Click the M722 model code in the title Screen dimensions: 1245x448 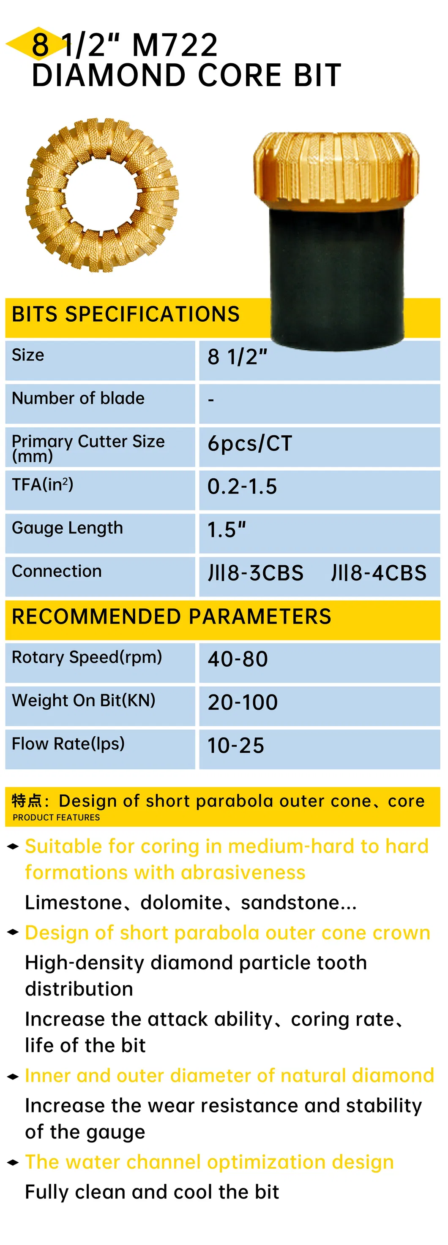tap(175, 45)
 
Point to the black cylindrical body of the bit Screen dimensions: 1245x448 tap(337, 276)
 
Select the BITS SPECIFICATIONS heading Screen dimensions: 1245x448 tap(126, 314)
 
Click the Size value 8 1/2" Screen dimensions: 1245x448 tap(237, 357)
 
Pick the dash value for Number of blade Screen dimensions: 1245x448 tap(211, 400)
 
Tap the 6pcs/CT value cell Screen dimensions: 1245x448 tap(250, 443)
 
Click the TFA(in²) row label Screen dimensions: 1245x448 tap(43, 484)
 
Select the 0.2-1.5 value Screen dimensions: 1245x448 tap(242, 487)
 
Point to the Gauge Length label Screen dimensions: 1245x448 tap(67, 528)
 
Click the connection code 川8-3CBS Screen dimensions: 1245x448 tap(255, 573)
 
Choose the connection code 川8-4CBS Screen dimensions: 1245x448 tap(379, 573)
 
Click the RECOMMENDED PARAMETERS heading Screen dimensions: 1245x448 tap(172, 617)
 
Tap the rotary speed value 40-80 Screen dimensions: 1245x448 tap(238, 659)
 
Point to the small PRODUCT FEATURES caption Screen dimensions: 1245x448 tap(56, 817)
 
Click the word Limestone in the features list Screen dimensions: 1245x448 tap(73, 902)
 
